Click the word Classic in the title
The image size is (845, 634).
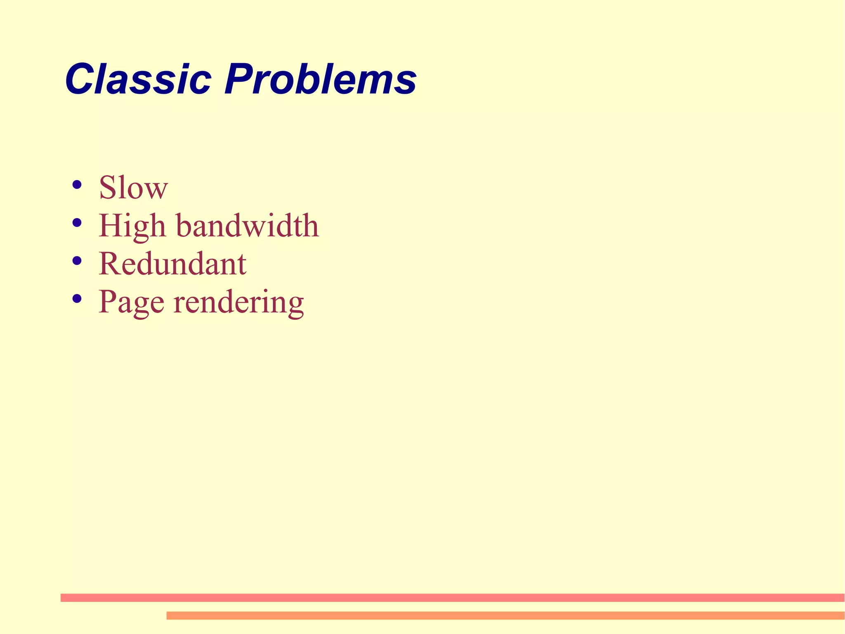(x=138, y=79)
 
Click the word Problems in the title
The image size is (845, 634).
(x=320, y=79)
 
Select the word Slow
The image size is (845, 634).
(x=133, y=188)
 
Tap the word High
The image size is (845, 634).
(x=132, y=226)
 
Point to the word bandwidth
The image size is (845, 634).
(x=248, y=226)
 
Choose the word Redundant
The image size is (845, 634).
(x=172, y=264)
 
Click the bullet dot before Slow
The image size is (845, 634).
(x=76, y=185)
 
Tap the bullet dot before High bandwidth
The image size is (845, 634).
(x=76, y=223)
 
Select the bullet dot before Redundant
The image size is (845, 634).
(x=76, y=261)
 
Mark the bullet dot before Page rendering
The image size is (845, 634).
(x=76, y=299)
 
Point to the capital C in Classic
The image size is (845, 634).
(x=80, y=79)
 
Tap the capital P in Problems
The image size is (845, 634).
(x=238, y=79)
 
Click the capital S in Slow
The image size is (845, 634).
(x=107, y=188)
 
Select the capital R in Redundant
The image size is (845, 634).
(x=109, y=264)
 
